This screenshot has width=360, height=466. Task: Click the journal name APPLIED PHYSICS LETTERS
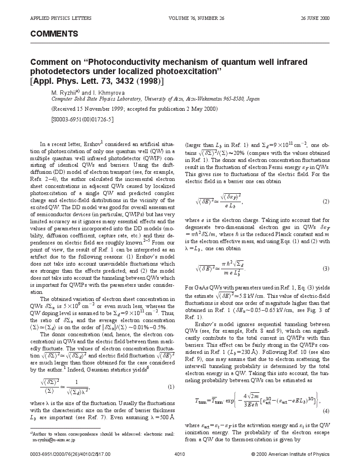pos(61,18)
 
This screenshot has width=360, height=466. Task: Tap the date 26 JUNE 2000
pos(315,18)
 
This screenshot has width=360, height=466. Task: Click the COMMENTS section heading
pos(54,34)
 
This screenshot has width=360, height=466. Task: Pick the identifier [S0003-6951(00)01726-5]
pos(82,119)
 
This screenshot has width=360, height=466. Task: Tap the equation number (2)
pos(326,201)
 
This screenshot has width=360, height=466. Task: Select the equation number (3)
pos(326,268)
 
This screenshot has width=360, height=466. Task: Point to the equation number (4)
pos(326,411)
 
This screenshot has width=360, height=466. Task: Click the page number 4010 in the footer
pos(180,454)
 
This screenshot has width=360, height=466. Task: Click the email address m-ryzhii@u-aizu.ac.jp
pos(54,440)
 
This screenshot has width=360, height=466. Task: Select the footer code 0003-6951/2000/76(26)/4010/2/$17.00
pos(68,454)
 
